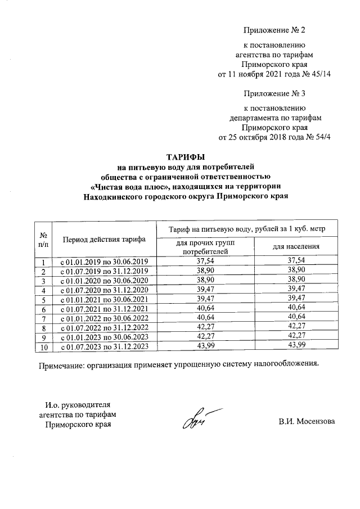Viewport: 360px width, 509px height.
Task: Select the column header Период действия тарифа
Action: tap(104, 240)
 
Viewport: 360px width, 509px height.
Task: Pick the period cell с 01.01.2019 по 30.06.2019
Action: tap(104, 262)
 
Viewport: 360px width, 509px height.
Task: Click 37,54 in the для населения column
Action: tap(296, 261)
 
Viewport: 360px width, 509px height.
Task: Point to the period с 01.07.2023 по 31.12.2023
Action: tap(104, 346)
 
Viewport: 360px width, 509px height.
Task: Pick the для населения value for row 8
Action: tap(296, 327)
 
